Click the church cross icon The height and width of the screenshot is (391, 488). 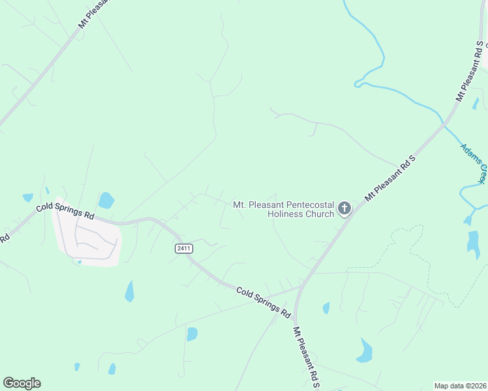pyautogui.click(x=344, y=209)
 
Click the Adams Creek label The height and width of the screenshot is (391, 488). pyautogui.click(x=474, y=163)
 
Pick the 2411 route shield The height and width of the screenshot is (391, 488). pyautogui.click(x=183, y=248)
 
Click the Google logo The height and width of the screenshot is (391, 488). pyautogui.click(x=22, y=383)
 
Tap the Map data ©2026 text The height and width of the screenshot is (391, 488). pyautogui.click(x=459, y=386)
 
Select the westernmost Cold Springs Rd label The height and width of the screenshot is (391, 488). pyautogui.click(x=65, y=210)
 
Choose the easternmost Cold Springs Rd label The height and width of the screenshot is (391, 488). pyautogui.click(x=263, y=302)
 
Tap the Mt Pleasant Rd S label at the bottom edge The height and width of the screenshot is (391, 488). pyautogui.click(x=305, y=358)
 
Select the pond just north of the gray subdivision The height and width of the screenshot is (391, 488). pyautogui.click(x=106, y=200)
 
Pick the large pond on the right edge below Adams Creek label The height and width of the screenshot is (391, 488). pyautogui.click(x=473, y=242)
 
